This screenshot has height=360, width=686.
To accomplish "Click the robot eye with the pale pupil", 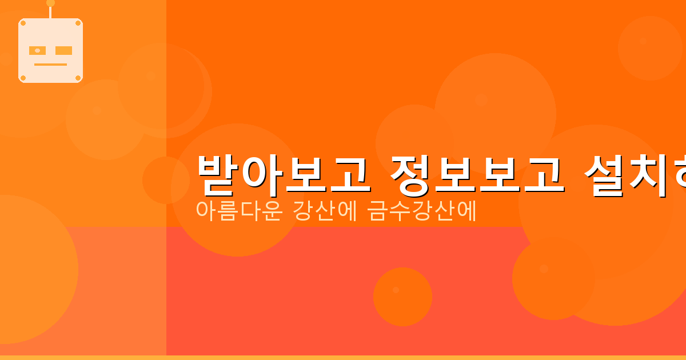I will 37,50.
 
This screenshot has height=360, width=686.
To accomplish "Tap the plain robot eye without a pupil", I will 64,50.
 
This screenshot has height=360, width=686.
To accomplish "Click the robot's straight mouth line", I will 50,65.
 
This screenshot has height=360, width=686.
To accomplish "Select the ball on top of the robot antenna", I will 50,3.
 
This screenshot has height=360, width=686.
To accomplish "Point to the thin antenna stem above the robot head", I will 50,12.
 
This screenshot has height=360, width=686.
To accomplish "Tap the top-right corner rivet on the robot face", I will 78,23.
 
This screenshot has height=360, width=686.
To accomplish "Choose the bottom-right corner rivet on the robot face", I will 78,78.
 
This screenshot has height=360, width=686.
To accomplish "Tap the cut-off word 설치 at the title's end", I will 635,174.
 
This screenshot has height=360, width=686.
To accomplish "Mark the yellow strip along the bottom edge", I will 343,358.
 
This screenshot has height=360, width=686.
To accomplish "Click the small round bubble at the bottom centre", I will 402,297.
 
